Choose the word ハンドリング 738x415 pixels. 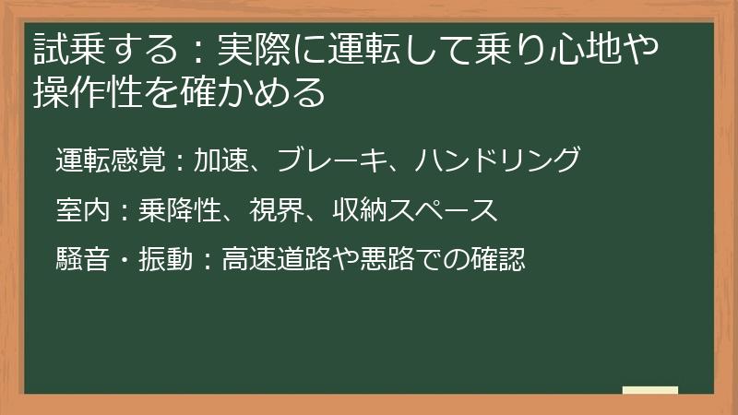click(496, 160)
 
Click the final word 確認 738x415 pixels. click(498, 260)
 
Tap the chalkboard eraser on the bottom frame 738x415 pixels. click(649, 390)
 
